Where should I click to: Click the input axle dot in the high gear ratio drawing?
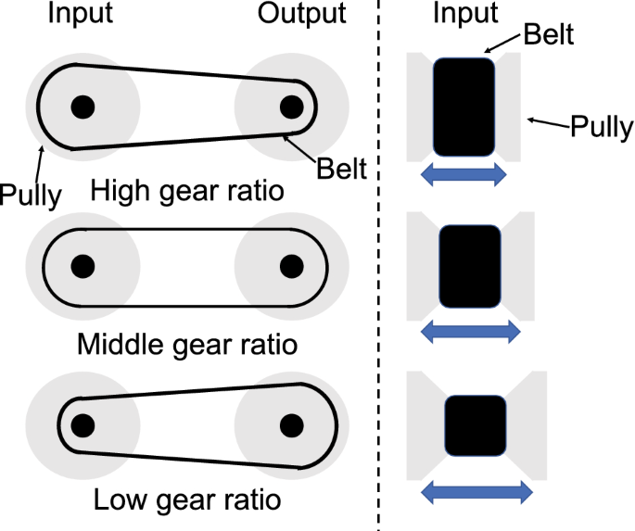[x=83, y=107]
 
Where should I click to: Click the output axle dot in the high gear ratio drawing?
[x=292, y=107]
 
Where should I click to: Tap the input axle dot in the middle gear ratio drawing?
[x=83, y=267]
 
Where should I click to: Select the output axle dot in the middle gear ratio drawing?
[x=292, y=267]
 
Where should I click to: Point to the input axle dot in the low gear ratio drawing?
[x=83, y=425]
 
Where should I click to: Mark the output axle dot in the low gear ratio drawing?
[x=292, y=425]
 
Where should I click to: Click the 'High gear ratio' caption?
[x=186, y=192]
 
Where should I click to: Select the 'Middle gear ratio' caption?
[x=187, y=346]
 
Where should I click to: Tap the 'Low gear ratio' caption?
[x=187, y=500]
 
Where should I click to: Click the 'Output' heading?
[x=301, y=15]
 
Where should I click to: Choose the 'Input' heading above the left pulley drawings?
[x=80, y=15]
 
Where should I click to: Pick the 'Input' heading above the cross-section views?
[x=465, y=15]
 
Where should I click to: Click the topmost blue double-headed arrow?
[x=464, y=174]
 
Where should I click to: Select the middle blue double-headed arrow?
[x=471, y=332]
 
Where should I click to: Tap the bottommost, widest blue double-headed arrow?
[x=476, y=492]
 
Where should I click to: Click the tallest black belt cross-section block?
[x=464, y=107]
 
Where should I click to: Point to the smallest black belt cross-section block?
[x=476, y=425]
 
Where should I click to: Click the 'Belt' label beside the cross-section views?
[x=549, y=35]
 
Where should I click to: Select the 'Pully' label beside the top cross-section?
[x=602, y=128]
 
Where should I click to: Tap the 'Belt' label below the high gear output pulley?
[x=341, y=169]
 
